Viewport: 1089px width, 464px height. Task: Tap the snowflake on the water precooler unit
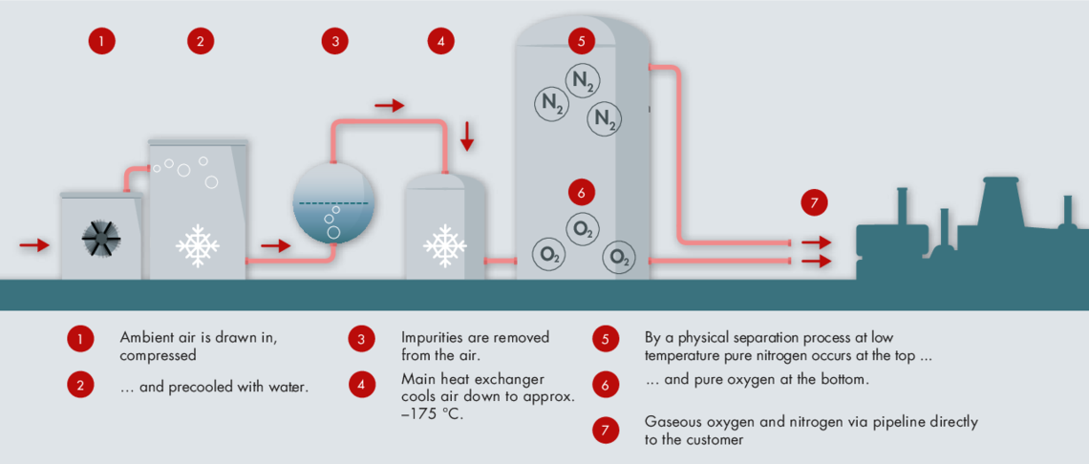[x=198, y=246]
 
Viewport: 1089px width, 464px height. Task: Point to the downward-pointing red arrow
[x=467, y=137]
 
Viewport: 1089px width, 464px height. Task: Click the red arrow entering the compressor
[x=34, y=244]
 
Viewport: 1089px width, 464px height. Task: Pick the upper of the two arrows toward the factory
[x=816, y=243]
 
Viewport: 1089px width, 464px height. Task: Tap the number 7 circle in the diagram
[x=814, y=203]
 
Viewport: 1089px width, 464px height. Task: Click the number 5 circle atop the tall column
[x=582, y=41]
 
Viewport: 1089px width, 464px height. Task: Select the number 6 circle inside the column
[x=582, y=191]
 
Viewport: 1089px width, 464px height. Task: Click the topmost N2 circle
[x=582, y=80]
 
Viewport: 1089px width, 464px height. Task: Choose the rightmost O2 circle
[x=619, y=259]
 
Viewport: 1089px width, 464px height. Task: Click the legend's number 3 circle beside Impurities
[x=361, y=340]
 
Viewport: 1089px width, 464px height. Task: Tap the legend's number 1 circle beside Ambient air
[x=80, y=340]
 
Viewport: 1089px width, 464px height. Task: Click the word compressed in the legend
[x=152, y=357]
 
